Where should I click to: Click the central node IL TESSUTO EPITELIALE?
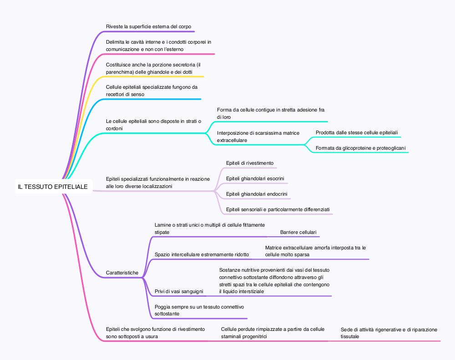53,187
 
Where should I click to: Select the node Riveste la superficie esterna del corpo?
149,26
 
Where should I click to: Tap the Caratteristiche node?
122,273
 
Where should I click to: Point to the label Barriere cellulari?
298,232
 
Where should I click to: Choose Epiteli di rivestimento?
250,163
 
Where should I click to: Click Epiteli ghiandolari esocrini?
255,178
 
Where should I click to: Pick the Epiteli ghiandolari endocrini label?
257,194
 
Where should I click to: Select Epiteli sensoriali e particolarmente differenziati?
278,209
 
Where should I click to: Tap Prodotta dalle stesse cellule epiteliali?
357,133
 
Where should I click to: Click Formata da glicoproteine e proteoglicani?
361,148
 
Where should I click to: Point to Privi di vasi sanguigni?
179,291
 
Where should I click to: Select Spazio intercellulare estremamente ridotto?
202,254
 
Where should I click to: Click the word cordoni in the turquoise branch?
114,128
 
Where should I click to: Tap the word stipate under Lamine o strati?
162,232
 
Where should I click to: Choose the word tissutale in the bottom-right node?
350,336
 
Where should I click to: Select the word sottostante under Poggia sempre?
167,314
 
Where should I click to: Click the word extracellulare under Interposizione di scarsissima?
232,140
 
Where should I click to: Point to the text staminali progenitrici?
244,336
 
